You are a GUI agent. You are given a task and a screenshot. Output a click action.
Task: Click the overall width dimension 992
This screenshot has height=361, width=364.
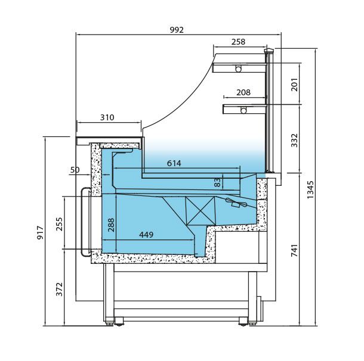176,29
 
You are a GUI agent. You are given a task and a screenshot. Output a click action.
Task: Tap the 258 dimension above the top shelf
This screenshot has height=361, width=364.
238,42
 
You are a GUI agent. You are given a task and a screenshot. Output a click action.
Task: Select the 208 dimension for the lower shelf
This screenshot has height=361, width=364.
243,92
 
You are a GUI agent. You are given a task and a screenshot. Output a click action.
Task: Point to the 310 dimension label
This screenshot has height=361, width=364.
107,117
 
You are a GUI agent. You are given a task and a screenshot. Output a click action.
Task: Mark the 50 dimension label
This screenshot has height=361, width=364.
75,170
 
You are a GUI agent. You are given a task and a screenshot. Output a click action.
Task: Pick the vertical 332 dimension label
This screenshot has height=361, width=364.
294,141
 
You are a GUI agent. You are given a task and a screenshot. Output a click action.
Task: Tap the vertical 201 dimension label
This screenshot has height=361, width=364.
294,85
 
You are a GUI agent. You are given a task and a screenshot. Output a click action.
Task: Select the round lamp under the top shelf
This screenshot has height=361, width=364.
239,69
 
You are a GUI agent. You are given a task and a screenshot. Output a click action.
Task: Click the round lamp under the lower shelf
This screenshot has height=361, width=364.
243,110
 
